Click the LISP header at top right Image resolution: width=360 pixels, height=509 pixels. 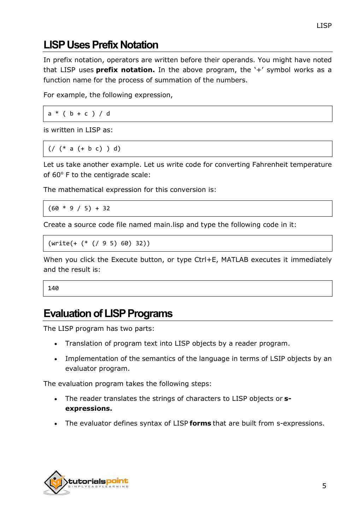(324, 25)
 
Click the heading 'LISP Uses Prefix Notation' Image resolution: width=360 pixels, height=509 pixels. (101, 45)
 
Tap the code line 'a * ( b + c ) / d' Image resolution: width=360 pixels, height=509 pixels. (79, 113)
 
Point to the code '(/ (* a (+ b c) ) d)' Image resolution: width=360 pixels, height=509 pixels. (84, 148)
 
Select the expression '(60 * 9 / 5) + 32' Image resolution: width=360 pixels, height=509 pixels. (79, 208)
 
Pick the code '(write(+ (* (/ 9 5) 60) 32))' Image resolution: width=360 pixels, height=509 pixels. (99, 243)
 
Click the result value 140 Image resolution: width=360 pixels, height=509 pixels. (53, 288)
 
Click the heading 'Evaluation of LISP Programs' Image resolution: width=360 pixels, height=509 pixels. (108, 314)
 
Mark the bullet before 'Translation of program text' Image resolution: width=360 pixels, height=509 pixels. (56, 344)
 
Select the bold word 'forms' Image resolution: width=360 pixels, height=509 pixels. (200, 423)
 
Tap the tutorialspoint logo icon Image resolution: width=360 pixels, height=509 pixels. (55, 482)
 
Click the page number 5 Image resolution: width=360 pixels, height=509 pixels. (324, 486)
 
